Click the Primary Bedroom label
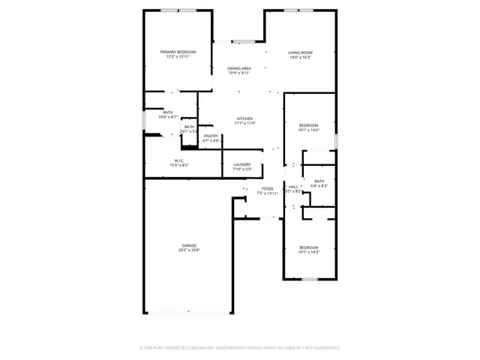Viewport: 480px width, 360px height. pos(178,52)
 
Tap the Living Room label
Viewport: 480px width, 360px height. pos(300,52)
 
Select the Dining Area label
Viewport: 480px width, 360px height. pos(239,68)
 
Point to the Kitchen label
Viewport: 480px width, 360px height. pos(245,118)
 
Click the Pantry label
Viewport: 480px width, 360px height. pos(211,136)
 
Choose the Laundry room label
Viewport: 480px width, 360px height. pos(241,164)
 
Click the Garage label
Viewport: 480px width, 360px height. pos(189,245)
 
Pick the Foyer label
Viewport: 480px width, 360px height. pos(268,188)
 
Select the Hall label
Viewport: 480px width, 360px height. pos(293,187)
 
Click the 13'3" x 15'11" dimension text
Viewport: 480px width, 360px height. pos(178,57)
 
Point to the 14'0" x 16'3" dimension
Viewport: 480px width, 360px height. pos(300,57)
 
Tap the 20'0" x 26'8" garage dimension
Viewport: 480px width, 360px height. pos(189,250)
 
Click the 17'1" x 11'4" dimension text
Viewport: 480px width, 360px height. pos(245,124)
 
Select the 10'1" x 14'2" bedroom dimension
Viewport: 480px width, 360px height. pos(309,130)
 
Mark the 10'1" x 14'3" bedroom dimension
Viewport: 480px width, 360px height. pos(309,253)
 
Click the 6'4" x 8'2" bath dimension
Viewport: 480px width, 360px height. pos(319,186)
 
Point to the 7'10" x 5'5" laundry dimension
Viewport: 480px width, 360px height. pos(241,169)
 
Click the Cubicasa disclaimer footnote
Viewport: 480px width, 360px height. pos(240,348)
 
